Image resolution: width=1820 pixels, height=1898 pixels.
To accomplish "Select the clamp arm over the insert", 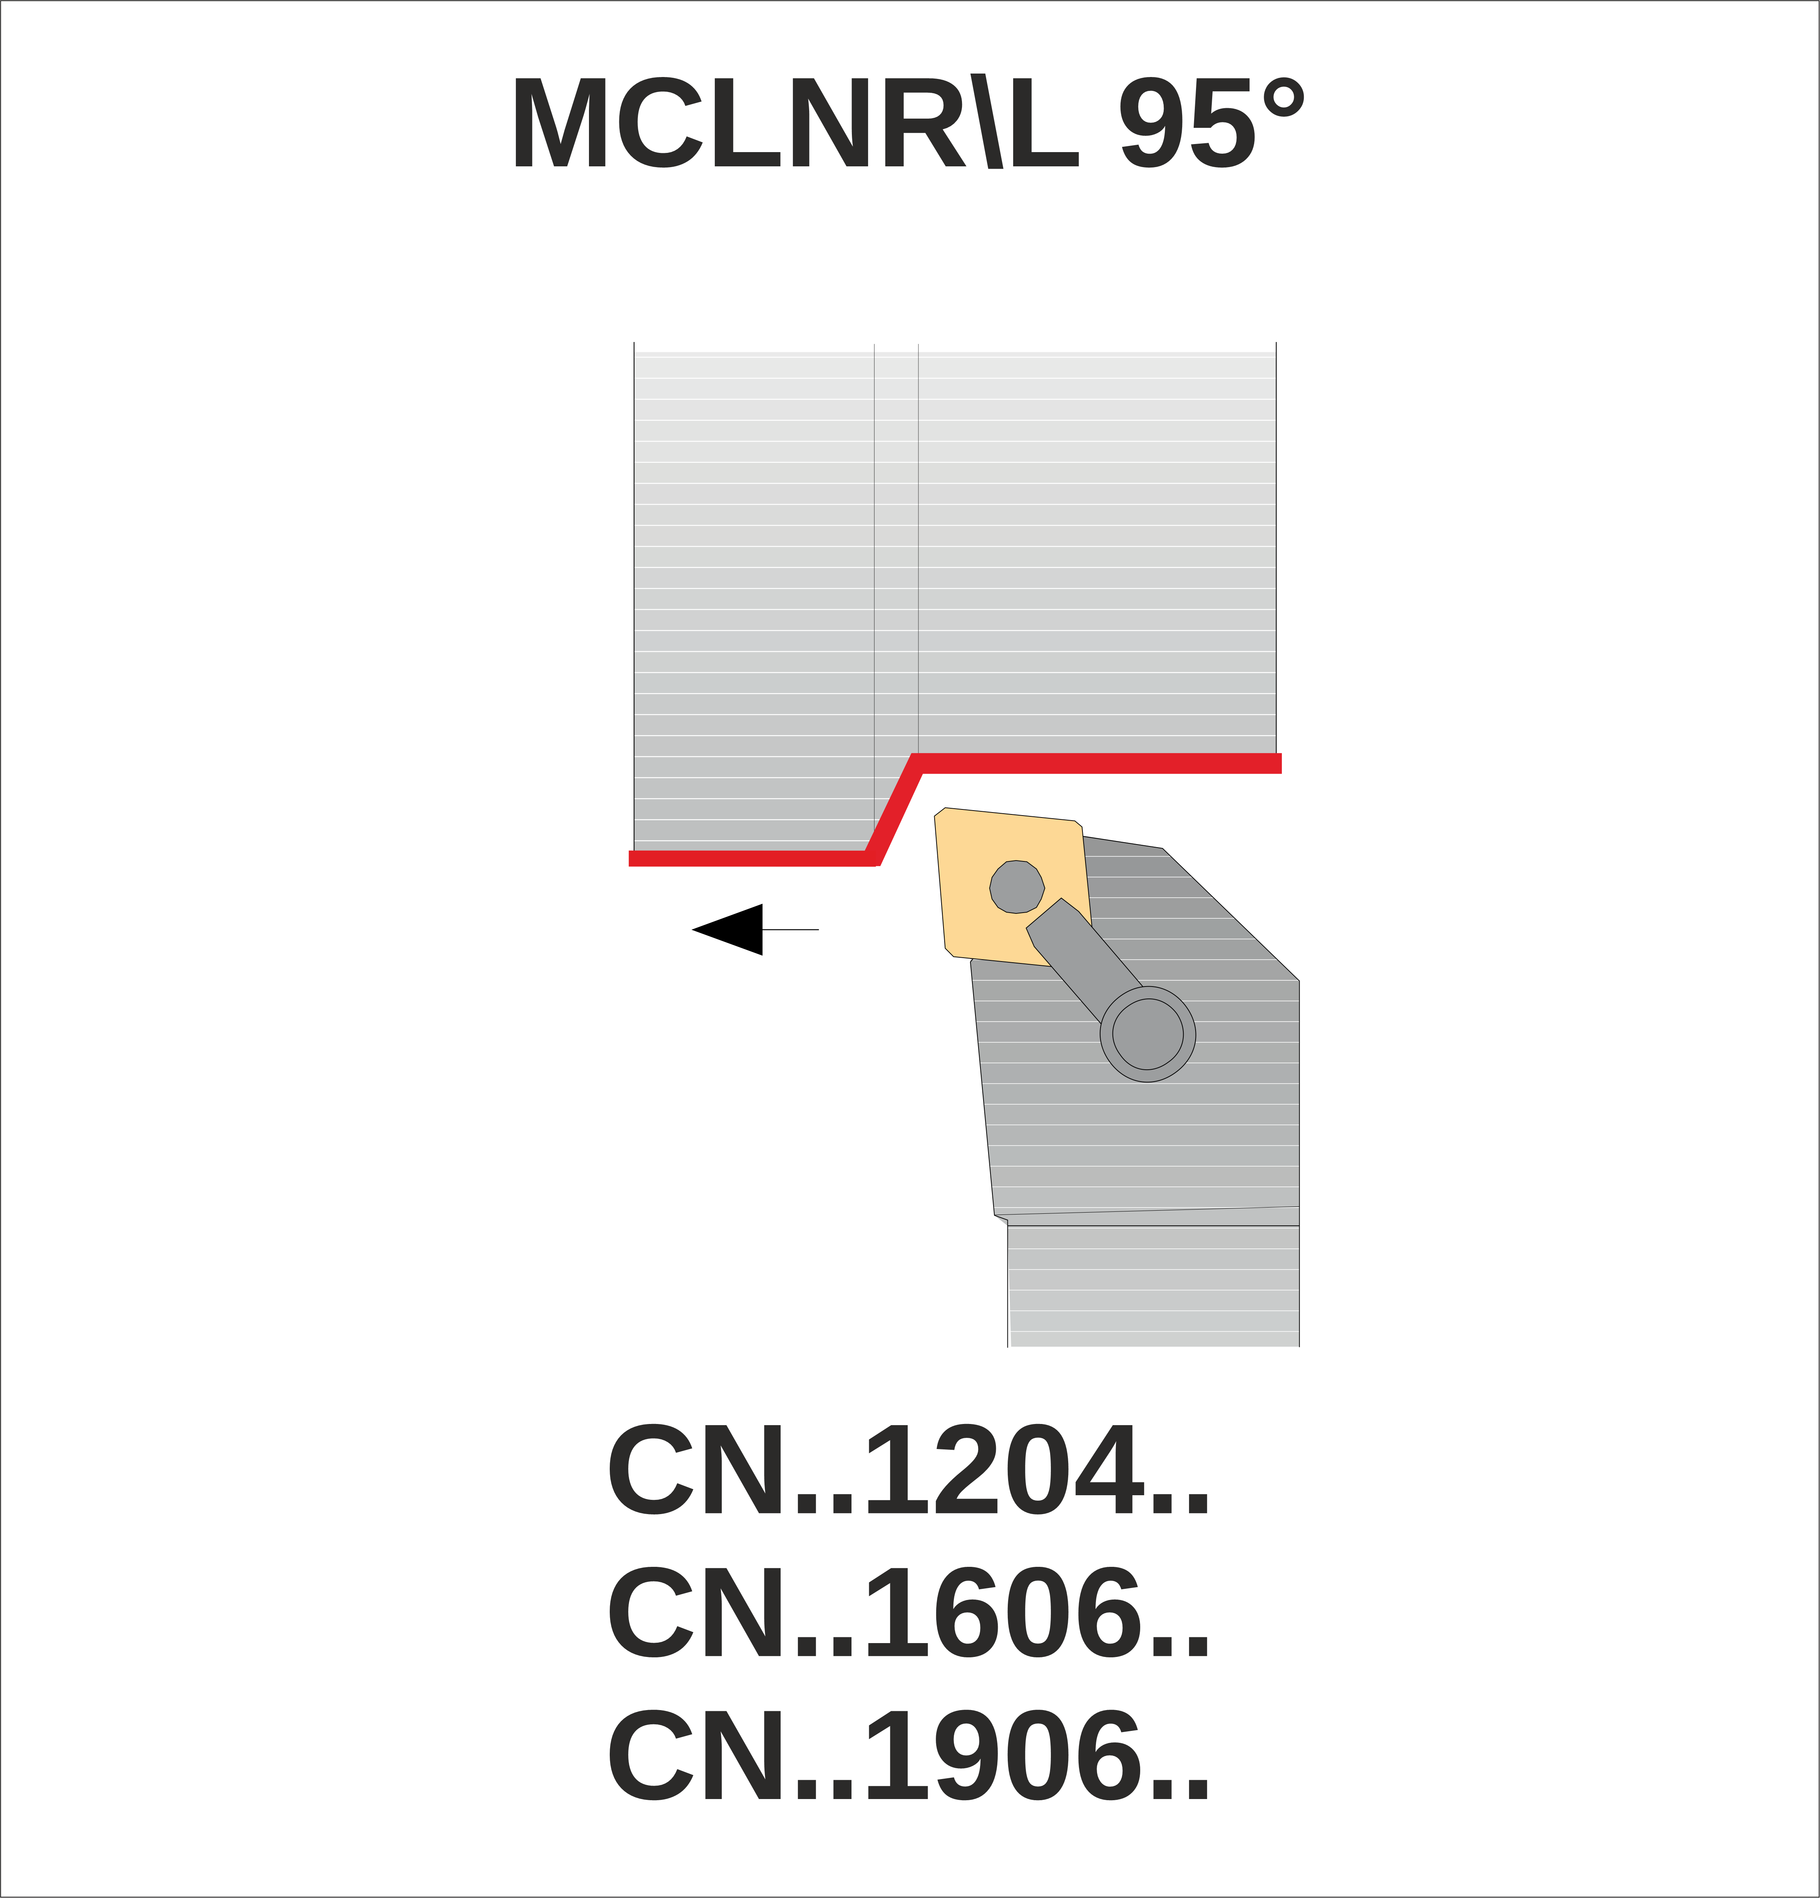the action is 1084,959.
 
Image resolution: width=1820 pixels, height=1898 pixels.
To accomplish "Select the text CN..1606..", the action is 908,1612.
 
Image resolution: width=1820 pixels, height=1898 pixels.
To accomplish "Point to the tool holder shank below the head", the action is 1153,1286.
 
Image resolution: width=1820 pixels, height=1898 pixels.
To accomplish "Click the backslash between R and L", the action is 987,121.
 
